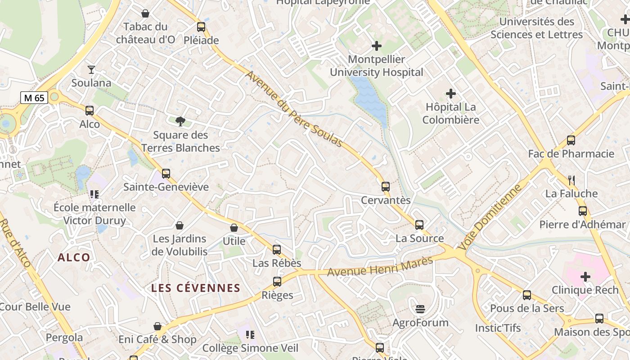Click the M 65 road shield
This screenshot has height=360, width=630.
[x=34, y=97]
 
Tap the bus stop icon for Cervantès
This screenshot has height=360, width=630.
[x=386, y=186]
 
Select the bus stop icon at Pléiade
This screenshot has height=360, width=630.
[x=201, y=27]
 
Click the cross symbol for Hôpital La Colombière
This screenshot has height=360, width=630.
[x=450, y=94]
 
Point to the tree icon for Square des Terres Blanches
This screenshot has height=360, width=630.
[x=180, y=121]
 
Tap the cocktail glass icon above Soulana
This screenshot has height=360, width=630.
[x=91, y=69]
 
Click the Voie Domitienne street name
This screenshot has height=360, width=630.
[x=490, y=217]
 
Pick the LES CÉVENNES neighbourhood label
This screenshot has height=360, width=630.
[x=196, y=288]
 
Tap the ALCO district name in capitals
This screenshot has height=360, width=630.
[x=74, y=257]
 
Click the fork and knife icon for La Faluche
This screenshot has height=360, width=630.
[x=571, y=180]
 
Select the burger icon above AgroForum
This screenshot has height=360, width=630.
[x=420, y=309]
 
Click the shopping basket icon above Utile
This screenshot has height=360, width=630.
[x=234, y=228]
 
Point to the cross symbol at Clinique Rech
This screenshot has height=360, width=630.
[x=585, y=276]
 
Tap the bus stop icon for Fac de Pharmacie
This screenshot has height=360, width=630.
[x=571, y=140]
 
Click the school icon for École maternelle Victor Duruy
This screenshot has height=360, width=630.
[x=94, y=194]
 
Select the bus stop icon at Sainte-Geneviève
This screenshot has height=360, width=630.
[x=166, y=173]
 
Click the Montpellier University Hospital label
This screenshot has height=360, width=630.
[x=377, y=66]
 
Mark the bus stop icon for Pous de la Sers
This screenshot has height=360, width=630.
[x=527, y=295]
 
